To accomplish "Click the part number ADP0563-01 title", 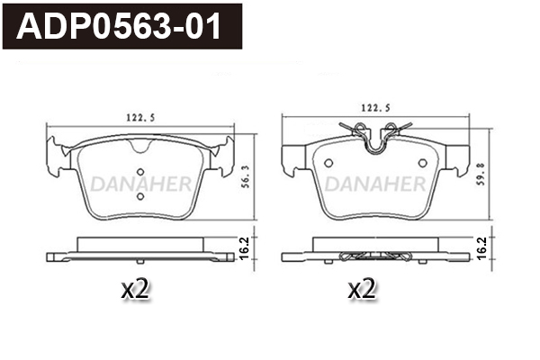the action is coord(119,26).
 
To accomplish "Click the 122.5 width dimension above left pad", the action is coord(140,118).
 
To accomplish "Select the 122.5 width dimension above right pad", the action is coord(375,108).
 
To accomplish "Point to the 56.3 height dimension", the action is coord(245,176).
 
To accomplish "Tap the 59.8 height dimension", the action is coord(481,175).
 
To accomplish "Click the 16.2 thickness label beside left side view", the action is coord(244,248).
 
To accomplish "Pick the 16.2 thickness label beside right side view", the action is coord(481,248).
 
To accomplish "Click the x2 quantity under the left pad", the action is coord(135,289).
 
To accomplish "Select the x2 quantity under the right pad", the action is coord(362,289).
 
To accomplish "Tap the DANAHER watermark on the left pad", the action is coord(141,184).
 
